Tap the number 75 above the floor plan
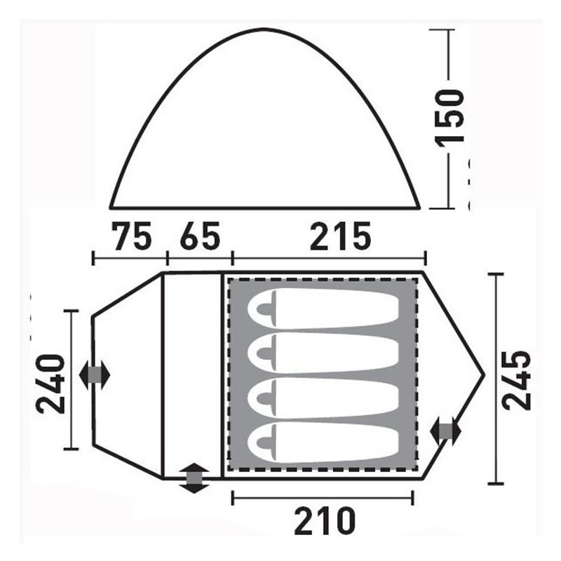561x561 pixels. pos(131,236)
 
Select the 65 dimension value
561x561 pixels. pos(200,236)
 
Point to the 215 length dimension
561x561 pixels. pos(340,236)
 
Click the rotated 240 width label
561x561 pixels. pos(50,384)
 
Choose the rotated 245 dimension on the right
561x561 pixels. pos(516,380)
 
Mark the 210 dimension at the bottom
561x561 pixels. pos(325,521)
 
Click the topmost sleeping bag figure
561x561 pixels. pos(323,309)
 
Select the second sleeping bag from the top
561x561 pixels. pos(323,353)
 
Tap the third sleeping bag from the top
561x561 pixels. pos(323,398)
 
